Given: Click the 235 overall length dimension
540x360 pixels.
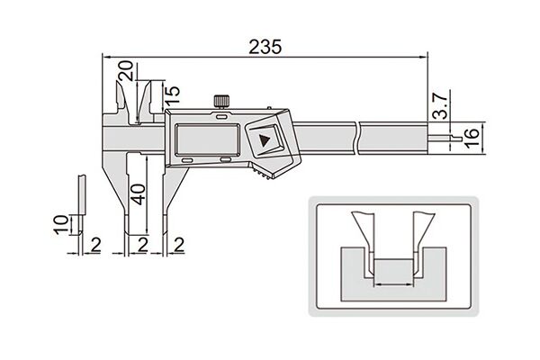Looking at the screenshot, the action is pyautogui.click(x=265, y=47).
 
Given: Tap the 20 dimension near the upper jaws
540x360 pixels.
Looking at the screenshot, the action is pyautogui.click(x=126, y=70).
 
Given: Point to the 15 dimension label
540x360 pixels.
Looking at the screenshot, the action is pyautogui.click(x=172, y=95).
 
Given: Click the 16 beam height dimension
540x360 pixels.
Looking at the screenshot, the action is pyautogui.click(x=472, y=138).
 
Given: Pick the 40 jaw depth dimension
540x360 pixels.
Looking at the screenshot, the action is pyautogui.click(x=139, y=194).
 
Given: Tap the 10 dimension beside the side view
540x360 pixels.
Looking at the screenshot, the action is pyautogui.click(x=61, y=225).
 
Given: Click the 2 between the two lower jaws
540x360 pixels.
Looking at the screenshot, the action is pyautogui.click(x=142, y=245).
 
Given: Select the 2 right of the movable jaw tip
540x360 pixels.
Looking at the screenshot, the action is pyautogui.click(x=179, y=245).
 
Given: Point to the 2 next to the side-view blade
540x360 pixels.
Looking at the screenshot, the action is pyautogui.click(x=95, y=245).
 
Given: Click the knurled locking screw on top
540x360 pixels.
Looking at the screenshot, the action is pyautogui.click(x=221, y=101).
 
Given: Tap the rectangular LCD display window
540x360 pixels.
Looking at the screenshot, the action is pyautogui.click(x=208, y=139).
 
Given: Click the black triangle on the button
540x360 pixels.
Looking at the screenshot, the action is pyautogui.click(x=265, y=140).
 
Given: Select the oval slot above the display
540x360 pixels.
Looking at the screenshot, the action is pyautogui.click(x=221, y=117).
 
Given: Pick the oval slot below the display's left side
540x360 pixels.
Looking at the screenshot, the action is pyautogui.click(x=187, y=161).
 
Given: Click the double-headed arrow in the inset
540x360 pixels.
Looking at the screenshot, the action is pyautogui.click(x=393, y=284).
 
